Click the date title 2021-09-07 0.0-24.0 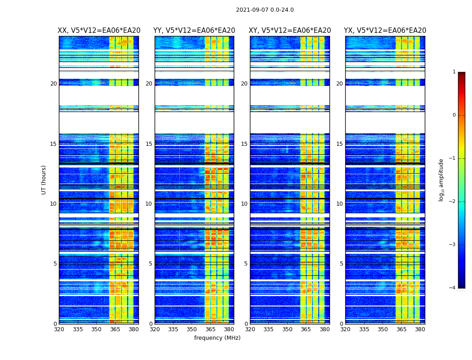click(265, 10)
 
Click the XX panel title click(99, 31)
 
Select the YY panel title click(194, 31)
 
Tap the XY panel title click(290, 31)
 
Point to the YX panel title click(385, 31)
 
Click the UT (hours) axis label click(44, 180)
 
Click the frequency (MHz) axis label click(217, 338)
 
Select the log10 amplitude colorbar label click(441, 180)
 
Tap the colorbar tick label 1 click(454, 72)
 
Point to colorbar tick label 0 click(454, 115)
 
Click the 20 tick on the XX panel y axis click(53, 84)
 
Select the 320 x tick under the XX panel click(59, 329)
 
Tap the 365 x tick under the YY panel click(210, 329)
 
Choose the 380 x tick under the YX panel click(420, 329)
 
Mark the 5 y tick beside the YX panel click(341, 264)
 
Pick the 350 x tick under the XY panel click(287, 329)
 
